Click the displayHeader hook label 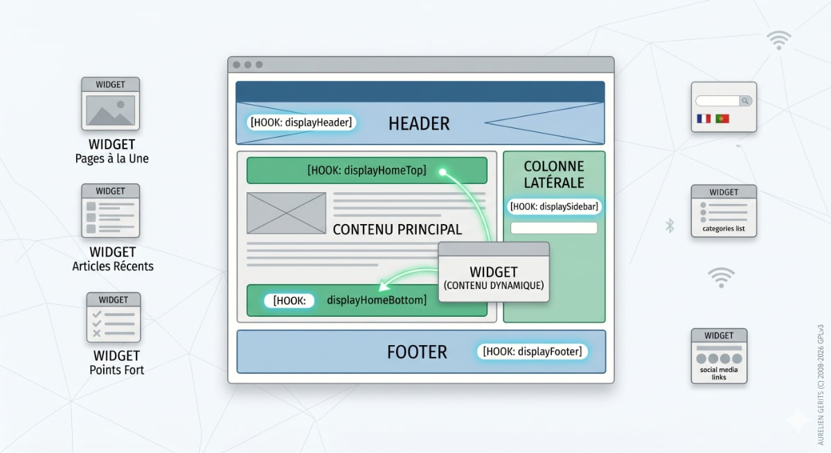(x=301, y=122)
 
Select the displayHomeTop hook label (x=366, y=170)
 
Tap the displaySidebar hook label (x=553, y=206)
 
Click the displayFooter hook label (x=532, y=351)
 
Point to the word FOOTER (x=417, y=352)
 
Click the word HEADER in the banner (x=419, y=124)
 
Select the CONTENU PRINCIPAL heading (x=397, y=230)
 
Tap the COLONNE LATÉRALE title (x=554, y=174)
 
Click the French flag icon (x=704, y=119)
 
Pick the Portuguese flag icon (x=722, y=119)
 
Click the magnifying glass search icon (x=745, y=101)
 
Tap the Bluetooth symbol (x=670, y=225)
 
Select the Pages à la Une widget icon (x=111, y=104)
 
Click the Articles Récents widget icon (x=111, y=211)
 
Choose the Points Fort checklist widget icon (x=114, y=317)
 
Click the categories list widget (x=724, y=211)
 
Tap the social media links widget (x=719, y=355)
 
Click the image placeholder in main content (x=286, y=213)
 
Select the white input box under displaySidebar (x=553, y=228)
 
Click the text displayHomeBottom (x=376, y=300)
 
